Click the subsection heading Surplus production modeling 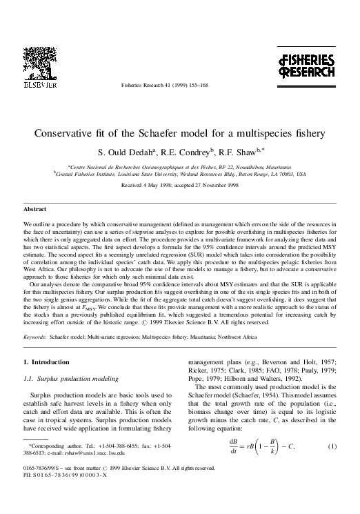(x=66, y=379)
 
